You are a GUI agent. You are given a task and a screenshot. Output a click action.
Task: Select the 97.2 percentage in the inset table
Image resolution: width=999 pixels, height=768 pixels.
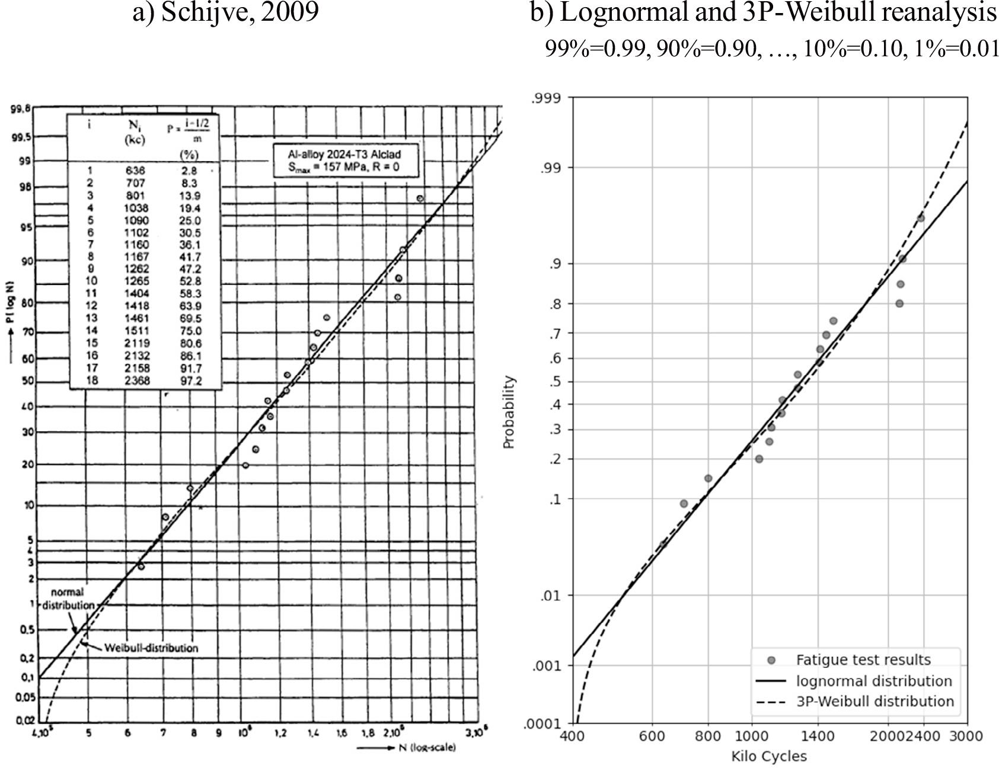tap(190, 380)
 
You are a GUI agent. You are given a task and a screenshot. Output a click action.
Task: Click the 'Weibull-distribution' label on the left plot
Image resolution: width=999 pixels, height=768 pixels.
tap(151, 648)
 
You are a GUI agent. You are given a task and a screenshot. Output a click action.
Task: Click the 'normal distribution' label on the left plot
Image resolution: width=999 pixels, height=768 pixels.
tap(68, 599)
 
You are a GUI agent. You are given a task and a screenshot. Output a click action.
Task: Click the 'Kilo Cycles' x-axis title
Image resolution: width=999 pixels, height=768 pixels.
tap(768, 756)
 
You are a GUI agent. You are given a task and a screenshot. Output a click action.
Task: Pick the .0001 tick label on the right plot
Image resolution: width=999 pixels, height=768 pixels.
tap(543, 724)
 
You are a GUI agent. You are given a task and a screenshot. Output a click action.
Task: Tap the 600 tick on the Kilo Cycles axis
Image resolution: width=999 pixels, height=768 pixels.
tap(652, 736)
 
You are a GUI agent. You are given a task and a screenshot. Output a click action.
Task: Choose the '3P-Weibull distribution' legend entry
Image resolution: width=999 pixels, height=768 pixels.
tap(874, 702)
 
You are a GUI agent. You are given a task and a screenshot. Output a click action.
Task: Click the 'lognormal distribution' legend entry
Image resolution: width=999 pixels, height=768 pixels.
tap(873, 681)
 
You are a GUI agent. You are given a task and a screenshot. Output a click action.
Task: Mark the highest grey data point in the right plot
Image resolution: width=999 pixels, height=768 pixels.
tap(920, 218)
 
